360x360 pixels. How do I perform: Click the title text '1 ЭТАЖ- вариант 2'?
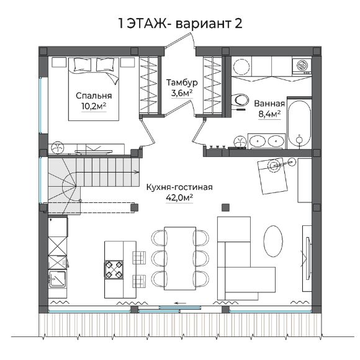click(x=180, y=24)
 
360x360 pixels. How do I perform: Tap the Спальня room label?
click(x=94, y=96)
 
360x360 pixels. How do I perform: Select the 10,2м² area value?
click(x=94, y=107)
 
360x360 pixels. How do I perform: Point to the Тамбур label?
click(x=182, y=82)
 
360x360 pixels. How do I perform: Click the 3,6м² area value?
click(x=182, y=93)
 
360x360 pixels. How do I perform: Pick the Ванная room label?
click(x=269, y=104)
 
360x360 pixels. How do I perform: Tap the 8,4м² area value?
click(x=269, y=114)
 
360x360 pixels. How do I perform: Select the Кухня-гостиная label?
click(x=179, y=187)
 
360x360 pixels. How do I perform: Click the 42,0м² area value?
click(x=179, y=197)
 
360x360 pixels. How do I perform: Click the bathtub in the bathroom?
click(x=299, y=123)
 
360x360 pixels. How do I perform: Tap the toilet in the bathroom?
click(x=240, y=100)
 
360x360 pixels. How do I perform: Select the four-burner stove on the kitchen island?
click(x=114, y=269)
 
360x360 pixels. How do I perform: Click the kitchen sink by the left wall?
click(x=57, y=279)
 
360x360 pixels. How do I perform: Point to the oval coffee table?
click(x=273, y=240)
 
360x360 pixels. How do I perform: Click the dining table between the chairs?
click(x=180, y=259)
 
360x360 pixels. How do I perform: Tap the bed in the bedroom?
click(x=94, y=89)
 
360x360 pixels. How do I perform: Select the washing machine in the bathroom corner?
click(x=302, y=66)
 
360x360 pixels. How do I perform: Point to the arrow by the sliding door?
click(x=180, y=304)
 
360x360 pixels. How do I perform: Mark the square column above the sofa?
click(x=226, y=207)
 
